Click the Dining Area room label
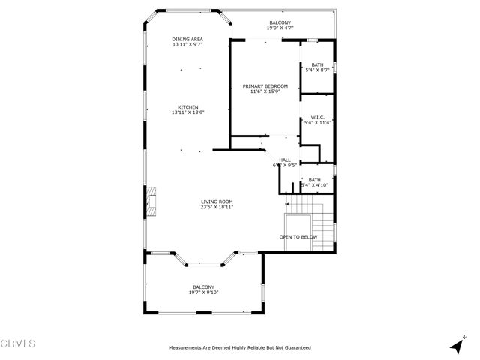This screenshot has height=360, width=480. [187, 39]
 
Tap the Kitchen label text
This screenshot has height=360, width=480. [187, 106]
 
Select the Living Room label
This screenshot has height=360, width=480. [217, 201]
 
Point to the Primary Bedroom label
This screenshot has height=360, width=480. [265, 86]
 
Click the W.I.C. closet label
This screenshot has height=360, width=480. [317, 117]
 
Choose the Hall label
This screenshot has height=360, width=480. [285, 160]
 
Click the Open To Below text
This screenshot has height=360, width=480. [298, 237]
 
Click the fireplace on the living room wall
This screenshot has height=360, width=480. [151, 200]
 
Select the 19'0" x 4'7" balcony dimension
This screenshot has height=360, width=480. [280, 28]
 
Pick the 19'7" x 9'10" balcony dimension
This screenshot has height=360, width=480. [203, 292]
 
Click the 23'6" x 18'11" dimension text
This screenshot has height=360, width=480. [217, 207]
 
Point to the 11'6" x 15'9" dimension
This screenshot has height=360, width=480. [265, 92]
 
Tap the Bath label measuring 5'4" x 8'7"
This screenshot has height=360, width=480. [317, 64]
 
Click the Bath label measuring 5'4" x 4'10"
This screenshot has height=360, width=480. [314, 179]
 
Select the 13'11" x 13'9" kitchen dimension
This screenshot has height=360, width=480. [187, 112]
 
